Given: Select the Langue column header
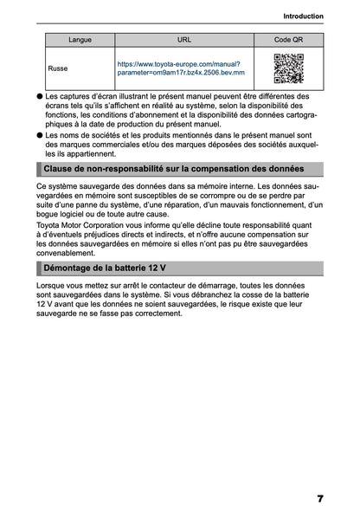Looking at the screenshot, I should click(80, 40).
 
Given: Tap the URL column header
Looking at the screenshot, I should click(184, 40).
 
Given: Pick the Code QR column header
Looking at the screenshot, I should click(288, 40).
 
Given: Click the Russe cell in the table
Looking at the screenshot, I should click(59, 68).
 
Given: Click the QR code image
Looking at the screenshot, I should click(288, 68).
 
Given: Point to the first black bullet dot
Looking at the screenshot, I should click(40, 97).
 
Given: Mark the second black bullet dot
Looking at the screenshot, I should click(40, 135).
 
